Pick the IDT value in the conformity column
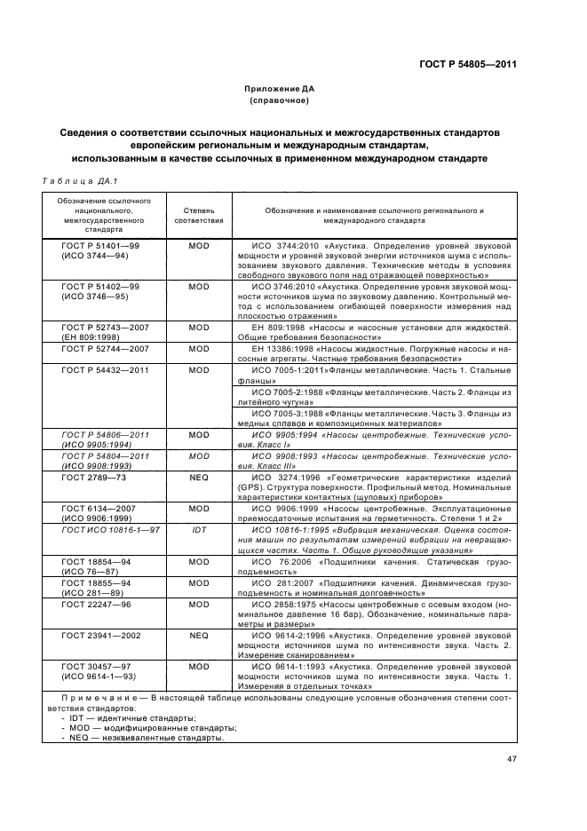199,529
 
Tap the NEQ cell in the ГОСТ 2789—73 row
199,477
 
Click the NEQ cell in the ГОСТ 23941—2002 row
199,636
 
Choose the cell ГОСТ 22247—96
96,604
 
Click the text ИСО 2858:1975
286,604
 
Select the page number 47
512,758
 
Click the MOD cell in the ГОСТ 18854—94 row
199,562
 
